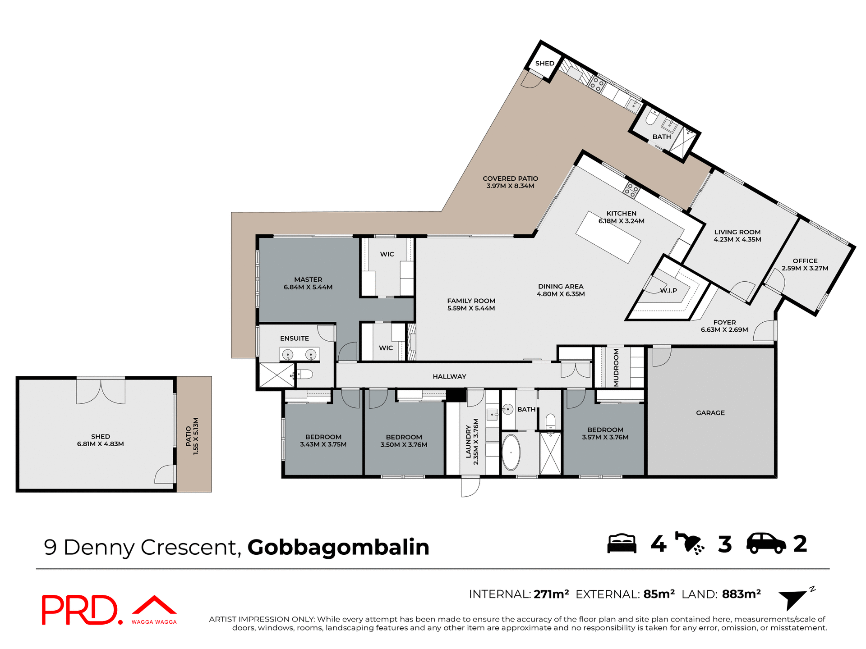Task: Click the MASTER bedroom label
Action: click(308, 279)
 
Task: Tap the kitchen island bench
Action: click(608, 237)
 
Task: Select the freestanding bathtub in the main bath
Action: click(511, 452)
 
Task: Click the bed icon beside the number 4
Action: click(622, 544)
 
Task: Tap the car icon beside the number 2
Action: click(766, 544)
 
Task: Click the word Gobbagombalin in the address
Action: click(338, 547)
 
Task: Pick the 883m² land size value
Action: click(741, 594)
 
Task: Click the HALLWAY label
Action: click(449, 376)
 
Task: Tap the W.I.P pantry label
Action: click(668, 291)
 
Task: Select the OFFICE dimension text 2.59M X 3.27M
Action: click(805, 268)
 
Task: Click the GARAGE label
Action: click(710, 413)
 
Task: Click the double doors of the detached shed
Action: click(101, 391)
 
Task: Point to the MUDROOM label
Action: click(616, 368)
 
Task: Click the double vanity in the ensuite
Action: click(299, 355)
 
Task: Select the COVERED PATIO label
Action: click(510, 178)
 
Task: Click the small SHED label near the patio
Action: click(544, 64)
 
